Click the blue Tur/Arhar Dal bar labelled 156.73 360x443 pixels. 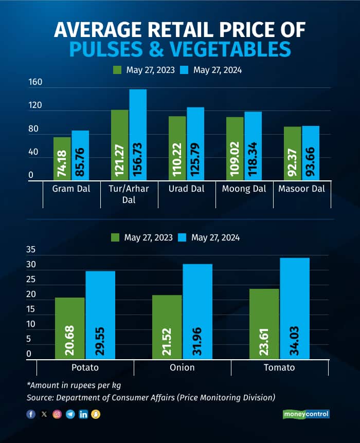click(138, 135)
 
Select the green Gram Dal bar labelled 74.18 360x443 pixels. click(62, 159)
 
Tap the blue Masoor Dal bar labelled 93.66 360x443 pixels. click(311, 153)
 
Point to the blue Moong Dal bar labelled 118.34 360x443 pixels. click(253, 146)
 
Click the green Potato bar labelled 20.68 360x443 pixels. click(69, 328)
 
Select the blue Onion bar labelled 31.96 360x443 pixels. click(197, 311)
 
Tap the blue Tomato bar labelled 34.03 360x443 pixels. click(295, 308)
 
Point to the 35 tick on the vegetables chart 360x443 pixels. click(32, 250)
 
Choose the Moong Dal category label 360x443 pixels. click(244, 189)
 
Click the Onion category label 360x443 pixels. click(182, 367)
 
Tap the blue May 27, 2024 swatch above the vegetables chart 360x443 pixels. click(183, 237)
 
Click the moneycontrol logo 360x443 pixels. click(306, 414)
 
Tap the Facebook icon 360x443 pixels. click(31, 414)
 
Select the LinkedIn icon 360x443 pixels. click(83, 414)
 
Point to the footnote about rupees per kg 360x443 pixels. click(75, 385)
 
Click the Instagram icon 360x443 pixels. click(57, 414)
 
